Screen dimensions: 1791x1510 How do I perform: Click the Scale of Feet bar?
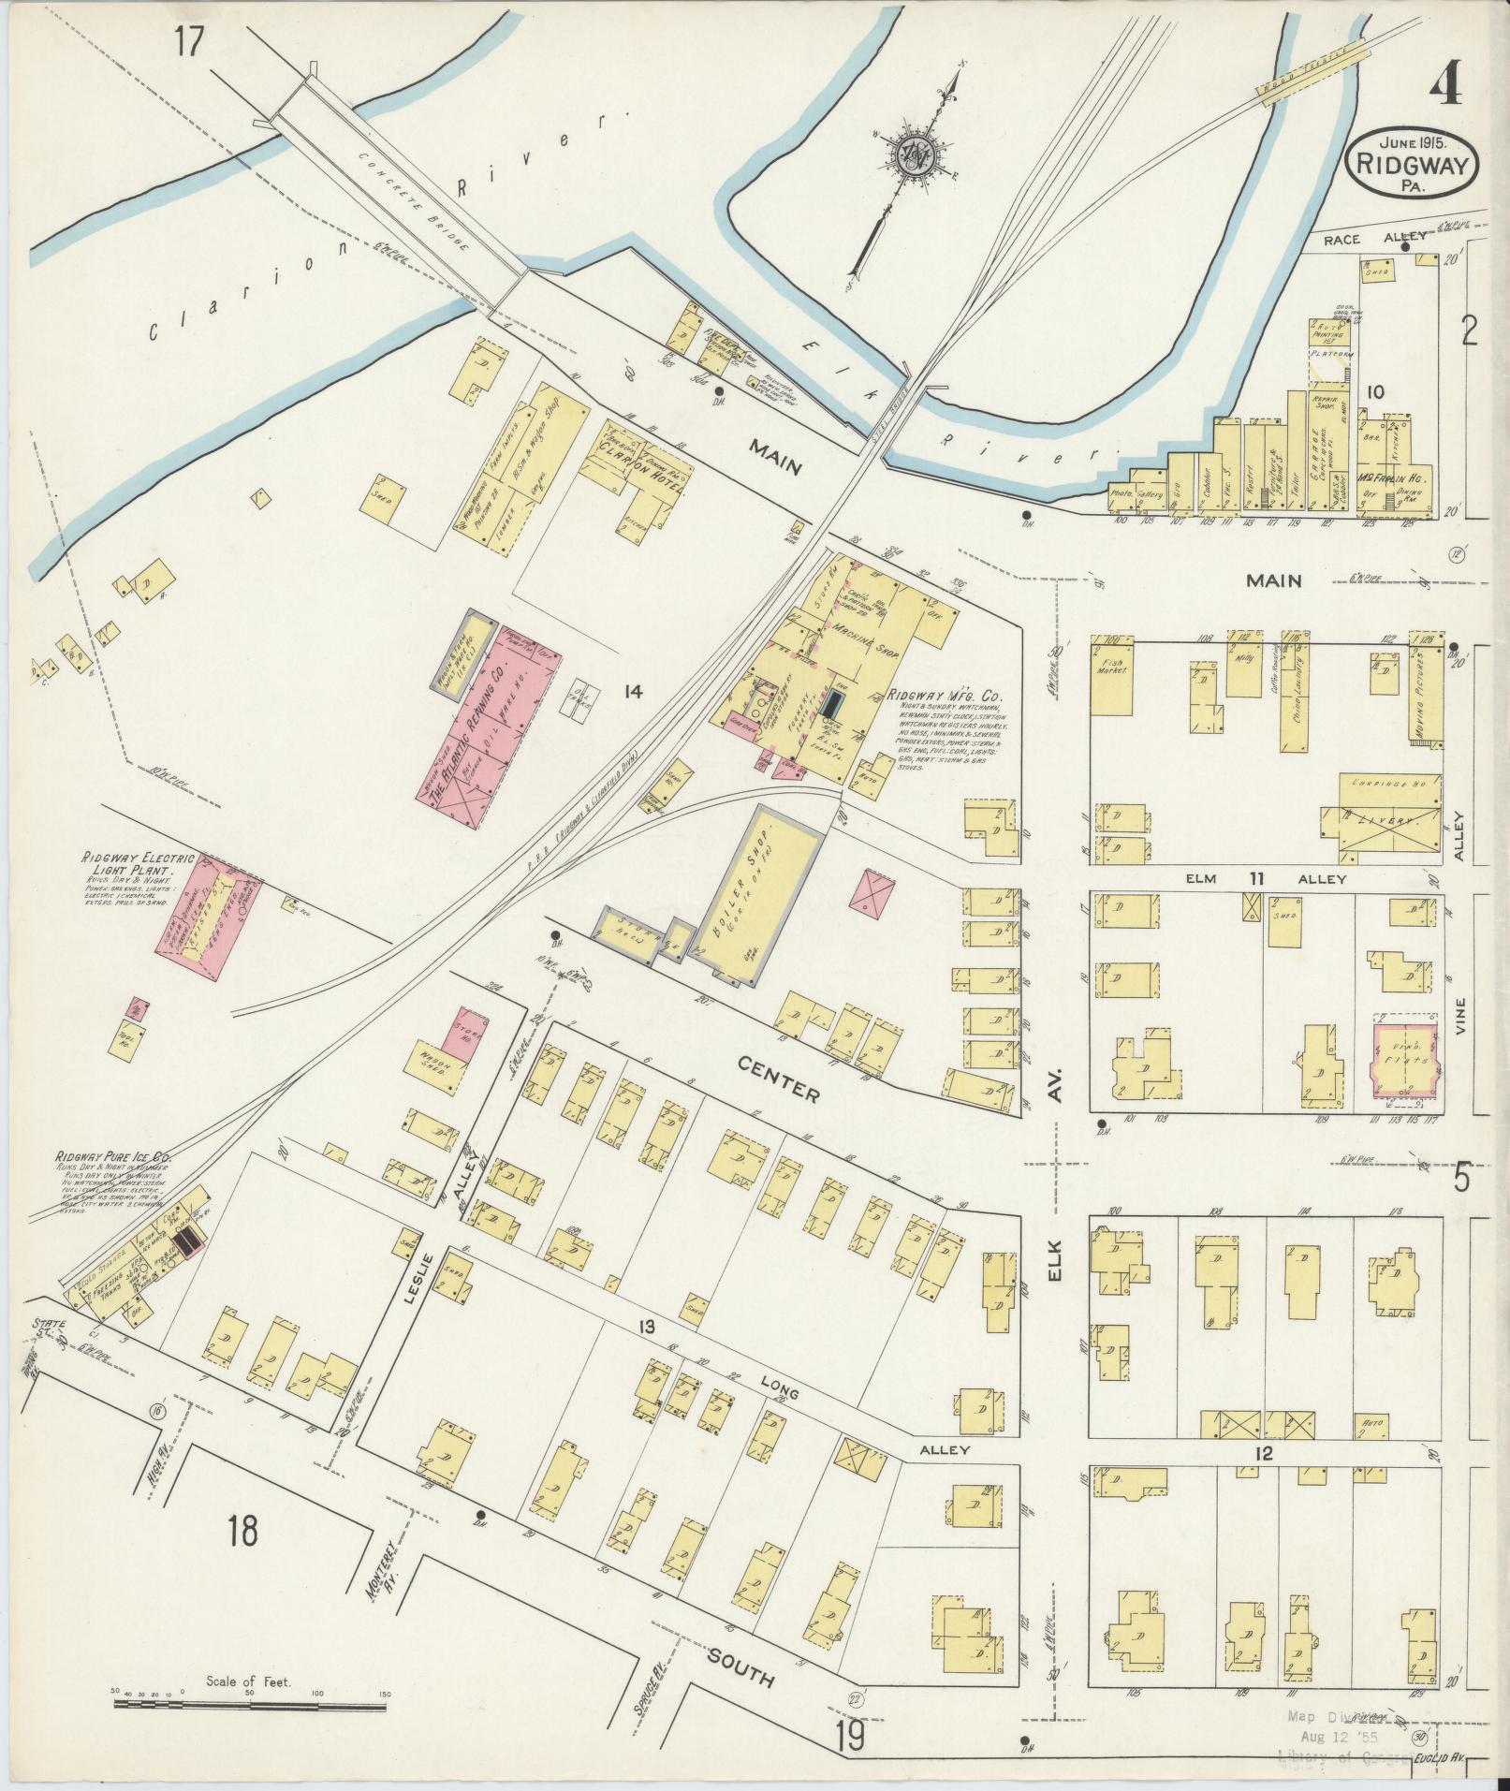[x=249, y=1706]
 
